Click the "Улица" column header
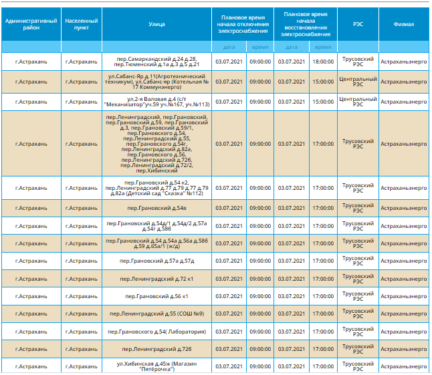point(157,25)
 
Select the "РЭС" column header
point(358,25)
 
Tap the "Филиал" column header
point(404,25)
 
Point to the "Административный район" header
point(31,25)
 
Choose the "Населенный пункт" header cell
point(82,25)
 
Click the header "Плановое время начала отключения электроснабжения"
point(242,25)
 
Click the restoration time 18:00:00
point(322,61)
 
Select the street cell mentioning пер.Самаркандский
point(157,61)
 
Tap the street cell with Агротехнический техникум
point(157,82)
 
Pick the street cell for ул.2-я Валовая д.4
point(157,102)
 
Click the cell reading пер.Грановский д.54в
point(157,208)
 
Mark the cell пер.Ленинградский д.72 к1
point(157,279)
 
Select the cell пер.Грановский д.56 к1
point(157,296)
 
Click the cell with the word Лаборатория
point(157,332)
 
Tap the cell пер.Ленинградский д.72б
point(157,349)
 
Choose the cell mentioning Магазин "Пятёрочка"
point(157,366)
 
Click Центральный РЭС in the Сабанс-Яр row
point(358,82)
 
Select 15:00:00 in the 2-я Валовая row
point(322,102)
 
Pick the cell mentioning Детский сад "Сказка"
point(157,188)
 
